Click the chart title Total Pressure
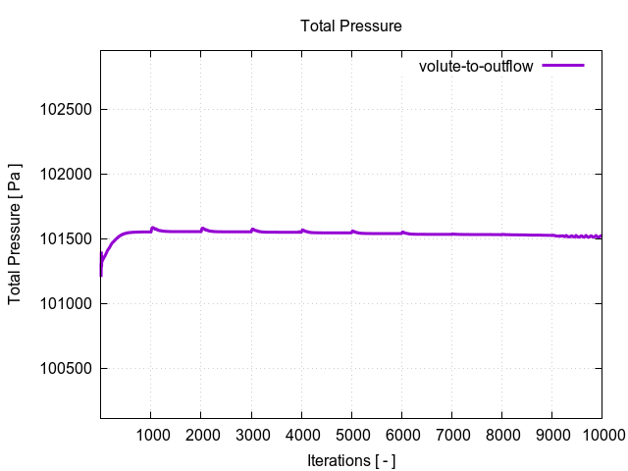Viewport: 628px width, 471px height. (x=350, y=26)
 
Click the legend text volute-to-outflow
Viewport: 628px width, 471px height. (x=475, y=67)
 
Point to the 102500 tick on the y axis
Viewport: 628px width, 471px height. (x=65, y=110)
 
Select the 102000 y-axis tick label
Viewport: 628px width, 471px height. (x=65, y=175)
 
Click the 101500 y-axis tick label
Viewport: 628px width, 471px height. (x=65, y=239)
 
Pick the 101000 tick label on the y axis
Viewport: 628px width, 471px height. (x=65, y=304)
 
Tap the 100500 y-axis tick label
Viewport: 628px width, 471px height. (x=65, y=369)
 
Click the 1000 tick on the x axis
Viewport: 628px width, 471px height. (x=150, y=435)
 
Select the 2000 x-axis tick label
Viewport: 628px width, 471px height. (x=200, y=435)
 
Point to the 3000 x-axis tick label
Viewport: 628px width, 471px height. (x=251, y=435)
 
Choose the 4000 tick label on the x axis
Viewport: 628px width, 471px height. (x=301, y=435)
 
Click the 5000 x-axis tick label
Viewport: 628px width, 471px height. (x=351, y=435)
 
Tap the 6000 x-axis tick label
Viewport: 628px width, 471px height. (x=401, y=435)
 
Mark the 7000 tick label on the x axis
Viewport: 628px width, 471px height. (x=451, y=435)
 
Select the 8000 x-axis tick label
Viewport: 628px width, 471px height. (x=501, y=435)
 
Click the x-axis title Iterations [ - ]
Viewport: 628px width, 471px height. (x=350, y=460)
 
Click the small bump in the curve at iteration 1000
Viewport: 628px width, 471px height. (x=152, y=228)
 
